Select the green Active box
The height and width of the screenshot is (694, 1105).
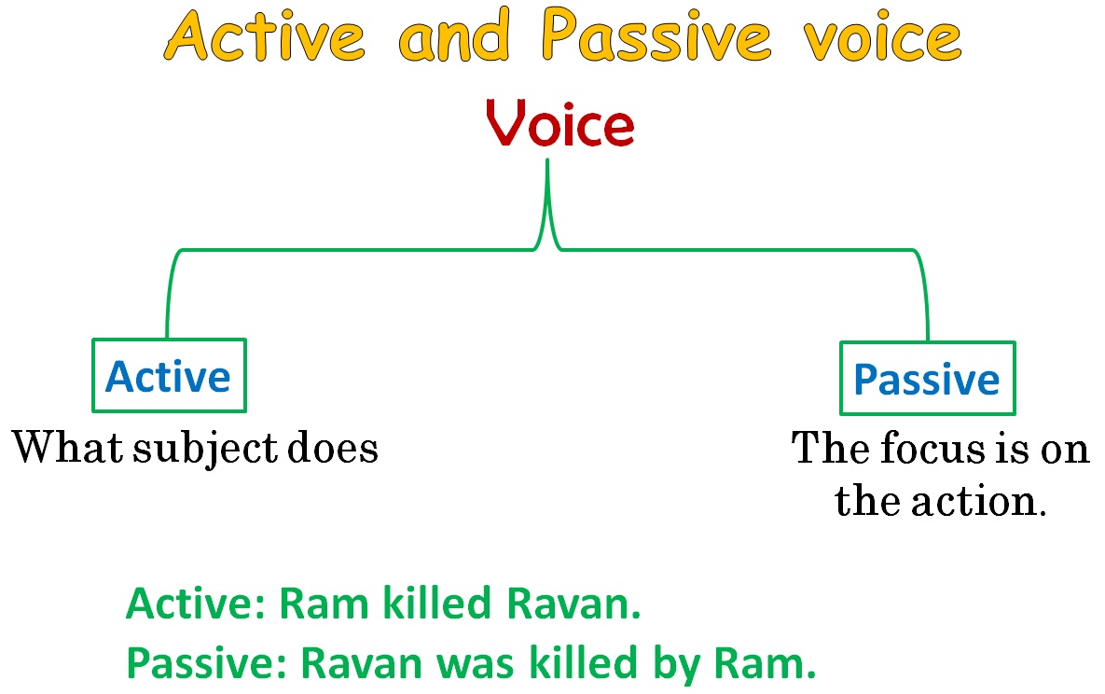[x=168, y=375]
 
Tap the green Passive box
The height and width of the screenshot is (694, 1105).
[x=927, y=378]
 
